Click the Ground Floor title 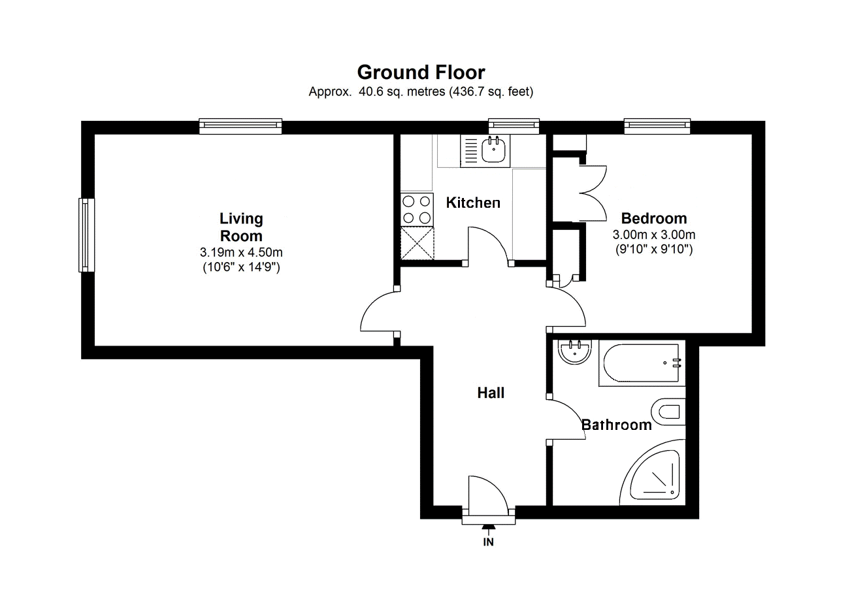pos(421,72)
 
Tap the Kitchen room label pos(473,203)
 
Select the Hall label pos(491,393)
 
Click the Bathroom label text pos(617,425)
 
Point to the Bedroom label pos(654,218)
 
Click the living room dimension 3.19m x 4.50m pos(241,252)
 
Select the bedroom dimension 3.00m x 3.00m pos(654,235)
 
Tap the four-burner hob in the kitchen pos(417,210)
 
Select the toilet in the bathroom pos(668,412)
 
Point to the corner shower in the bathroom pos(653,473)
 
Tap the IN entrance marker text pos(488,542)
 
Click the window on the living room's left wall pos(86,235)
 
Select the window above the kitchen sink pos(514,126)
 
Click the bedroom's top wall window pos(657,126)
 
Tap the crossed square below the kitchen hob pos(417,243)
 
